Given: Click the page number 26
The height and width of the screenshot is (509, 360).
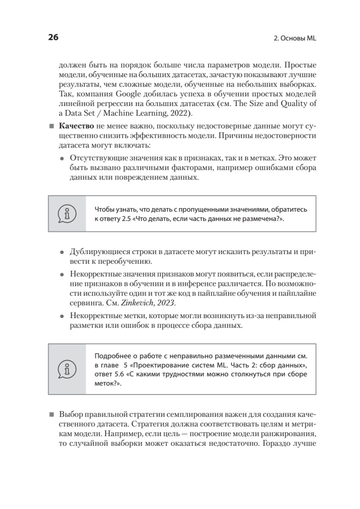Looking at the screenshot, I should [x=53, y=37].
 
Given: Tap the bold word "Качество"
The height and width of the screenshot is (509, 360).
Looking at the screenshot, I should [x=76, y=127].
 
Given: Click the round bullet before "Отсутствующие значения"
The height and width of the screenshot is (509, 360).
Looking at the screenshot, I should [x=63, y=158].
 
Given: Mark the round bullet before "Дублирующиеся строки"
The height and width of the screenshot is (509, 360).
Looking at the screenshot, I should [x=63, y=252].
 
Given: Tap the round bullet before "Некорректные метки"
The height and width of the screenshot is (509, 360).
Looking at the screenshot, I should [x=63, y=316].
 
